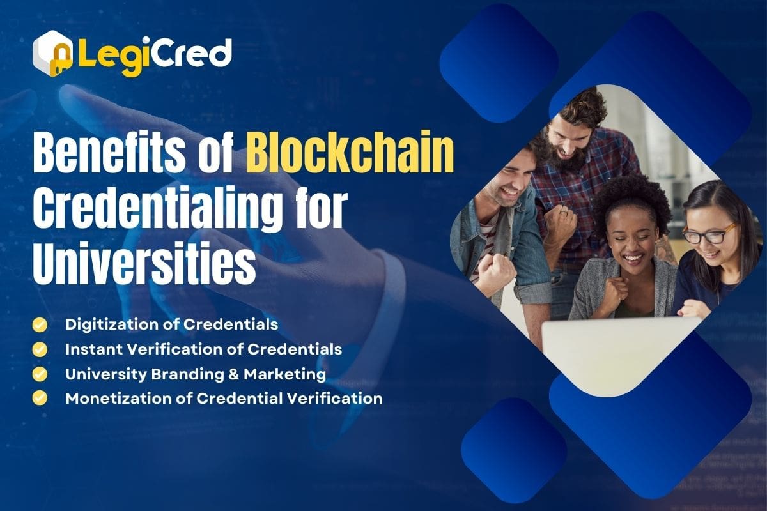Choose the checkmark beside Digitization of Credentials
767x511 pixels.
pos(40,324)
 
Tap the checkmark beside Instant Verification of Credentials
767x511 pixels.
pos(40,349)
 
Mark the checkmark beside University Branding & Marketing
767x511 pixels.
pos(40,374)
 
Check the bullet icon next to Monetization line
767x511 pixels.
pos(40,398)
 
